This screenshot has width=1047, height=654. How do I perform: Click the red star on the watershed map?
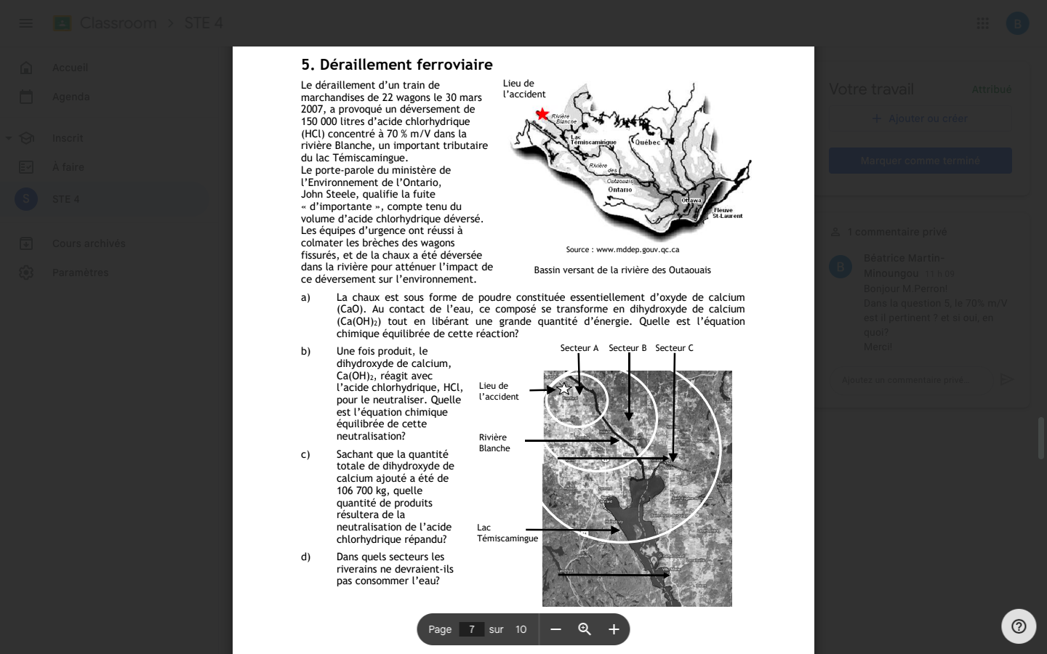[542, 114]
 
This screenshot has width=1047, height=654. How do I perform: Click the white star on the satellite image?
[563, 389]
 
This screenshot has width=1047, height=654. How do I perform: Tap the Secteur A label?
[579, 348]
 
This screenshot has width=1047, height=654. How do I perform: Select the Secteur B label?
[627, 348]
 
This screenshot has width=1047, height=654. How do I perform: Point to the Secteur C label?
[674, 348]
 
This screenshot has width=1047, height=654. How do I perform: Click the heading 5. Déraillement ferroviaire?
[397, 65]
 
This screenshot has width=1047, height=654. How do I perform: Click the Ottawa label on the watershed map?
[691, 201]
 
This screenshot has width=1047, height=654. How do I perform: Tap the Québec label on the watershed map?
[648, 142]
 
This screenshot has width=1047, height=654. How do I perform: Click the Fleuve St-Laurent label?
[727, 213]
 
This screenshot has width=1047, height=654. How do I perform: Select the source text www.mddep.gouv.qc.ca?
[622, 249]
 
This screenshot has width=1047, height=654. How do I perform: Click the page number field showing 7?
[472, 629]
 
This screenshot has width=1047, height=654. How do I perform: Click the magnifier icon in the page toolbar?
[585, 629]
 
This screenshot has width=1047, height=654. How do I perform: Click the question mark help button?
[1019, 626]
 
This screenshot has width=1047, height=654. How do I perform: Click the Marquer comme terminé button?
[920, 161]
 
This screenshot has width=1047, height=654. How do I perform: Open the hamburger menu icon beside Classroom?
[25, 23]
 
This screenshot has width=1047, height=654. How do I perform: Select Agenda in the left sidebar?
[71, 97]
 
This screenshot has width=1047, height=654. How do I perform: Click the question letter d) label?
[306, 557]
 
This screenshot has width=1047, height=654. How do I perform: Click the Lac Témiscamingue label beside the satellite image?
[507, 533]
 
